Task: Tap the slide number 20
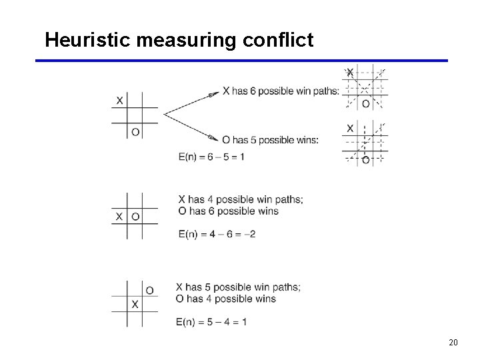click(453, 343)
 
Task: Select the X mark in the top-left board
click(119, 101)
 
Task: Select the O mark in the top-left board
click(135, 132)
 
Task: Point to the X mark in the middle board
click(119, 217)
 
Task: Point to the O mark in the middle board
click(135, 217)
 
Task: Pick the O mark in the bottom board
click(149, 290)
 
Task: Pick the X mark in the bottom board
click(135, 305)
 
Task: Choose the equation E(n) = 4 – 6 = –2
click(217, 234)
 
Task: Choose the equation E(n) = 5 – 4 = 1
click(211, 322)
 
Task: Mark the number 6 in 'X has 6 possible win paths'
click(253, 91)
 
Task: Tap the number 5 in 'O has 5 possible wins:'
click(253, 140)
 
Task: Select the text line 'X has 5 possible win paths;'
click(238, 287)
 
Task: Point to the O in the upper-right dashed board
click(365, 103)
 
